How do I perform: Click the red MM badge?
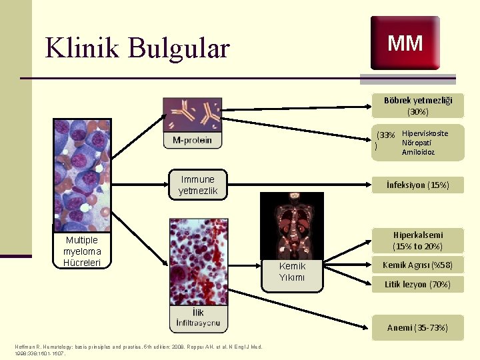coord(405,43)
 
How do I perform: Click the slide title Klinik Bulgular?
coord(137,48)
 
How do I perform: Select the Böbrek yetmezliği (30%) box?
coord(418,106)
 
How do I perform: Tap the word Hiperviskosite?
coord(425,133)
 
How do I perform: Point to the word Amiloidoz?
coord(418,152)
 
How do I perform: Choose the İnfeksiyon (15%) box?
coord(418,185)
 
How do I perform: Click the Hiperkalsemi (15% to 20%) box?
coord(418,241)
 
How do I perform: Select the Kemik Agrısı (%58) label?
coord(418,265)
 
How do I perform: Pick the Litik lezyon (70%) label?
coord(418,285)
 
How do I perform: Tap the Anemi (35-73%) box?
coord(418,327)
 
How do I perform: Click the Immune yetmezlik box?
coord(197,185)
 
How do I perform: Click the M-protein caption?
coord(192,140)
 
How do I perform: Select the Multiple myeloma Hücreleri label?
coord(82,251)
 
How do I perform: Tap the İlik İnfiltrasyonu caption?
coord(198,318)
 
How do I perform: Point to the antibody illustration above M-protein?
coord(192,115)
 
